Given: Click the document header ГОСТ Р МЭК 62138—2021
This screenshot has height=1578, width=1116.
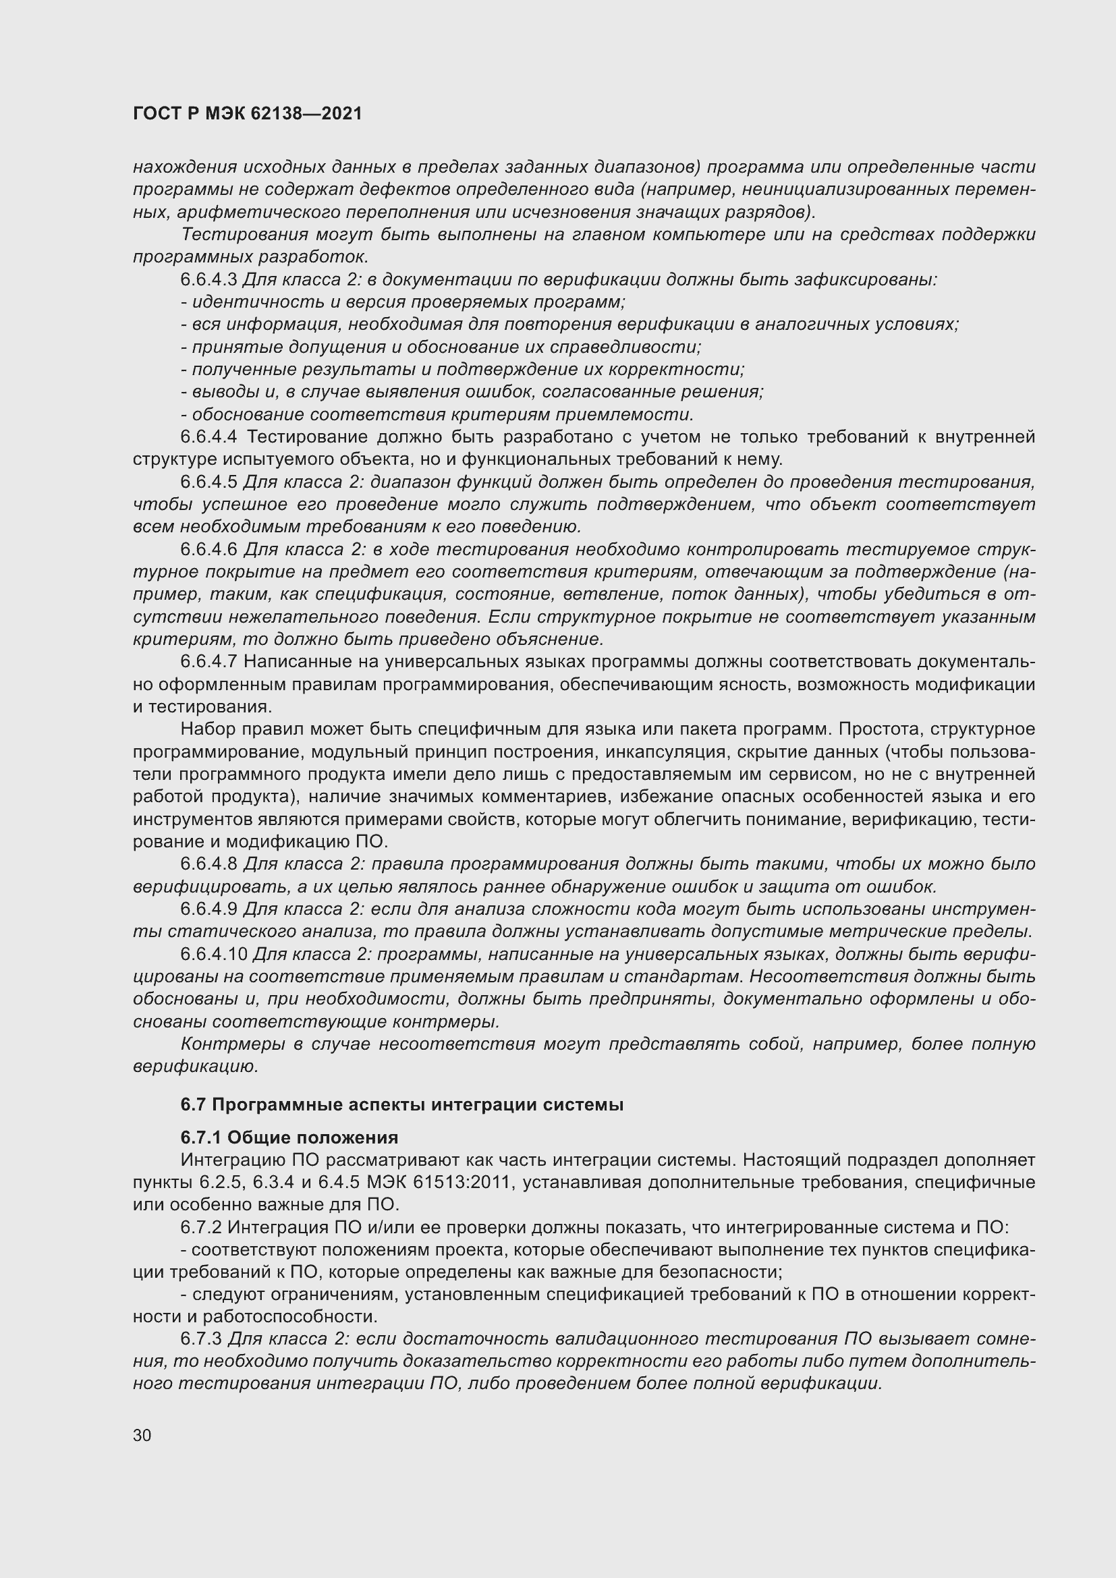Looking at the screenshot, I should pos(248,114).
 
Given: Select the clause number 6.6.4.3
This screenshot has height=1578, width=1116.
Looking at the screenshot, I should pos(209,280).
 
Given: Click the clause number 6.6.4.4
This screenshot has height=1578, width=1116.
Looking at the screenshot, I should pos(209,437).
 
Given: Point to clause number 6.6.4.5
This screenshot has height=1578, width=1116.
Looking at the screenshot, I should pos(209,482).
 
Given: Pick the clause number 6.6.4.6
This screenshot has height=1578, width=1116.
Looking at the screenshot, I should pos(209,550).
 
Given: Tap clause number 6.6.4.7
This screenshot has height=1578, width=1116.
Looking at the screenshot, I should pos(209,662).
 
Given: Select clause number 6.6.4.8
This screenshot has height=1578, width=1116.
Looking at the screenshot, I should pos(209,864).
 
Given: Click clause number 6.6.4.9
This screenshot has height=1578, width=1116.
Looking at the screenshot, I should pos(209,909).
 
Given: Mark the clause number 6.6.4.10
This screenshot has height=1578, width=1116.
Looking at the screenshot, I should pos(214,954).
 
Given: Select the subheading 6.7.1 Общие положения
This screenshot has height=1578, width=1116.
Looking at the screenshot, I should pos(289,1137).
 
